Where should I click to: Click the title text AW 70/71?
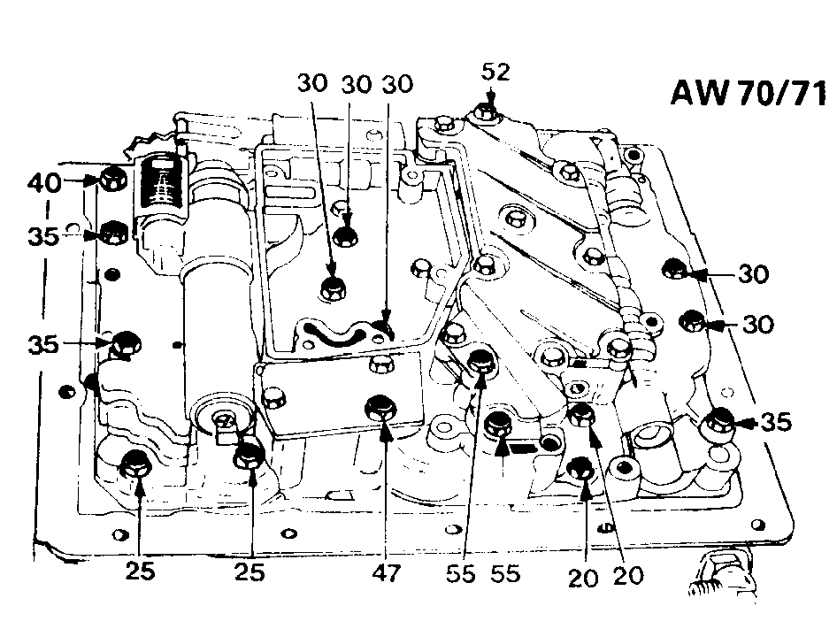coord(748,93)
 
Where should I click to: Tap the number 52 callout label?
coord(495,72)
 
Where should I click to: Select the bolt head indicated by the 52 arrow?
coord(485,113)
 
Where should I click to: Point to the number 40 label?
coord(45,182)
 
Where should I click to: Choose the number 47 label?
coord(386,573)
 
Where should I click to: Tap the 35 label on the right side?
coord(776,422)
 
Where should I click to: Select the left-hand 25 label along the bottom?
coord(141,571)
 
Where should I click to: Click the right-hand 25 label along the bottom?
coord(250,572)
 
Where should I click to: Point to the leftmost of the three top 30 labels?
coord(312,83)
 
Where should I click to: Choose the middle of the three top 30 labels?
coord(356,84)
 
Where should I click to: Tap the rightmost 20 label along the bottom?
coord(628,576)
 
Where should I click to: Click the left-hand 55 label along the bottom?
coord(461,574)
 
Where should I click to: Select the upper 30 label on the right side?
coord(754,274)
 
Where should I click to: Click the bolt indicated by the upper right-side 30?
coord(673,269)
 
